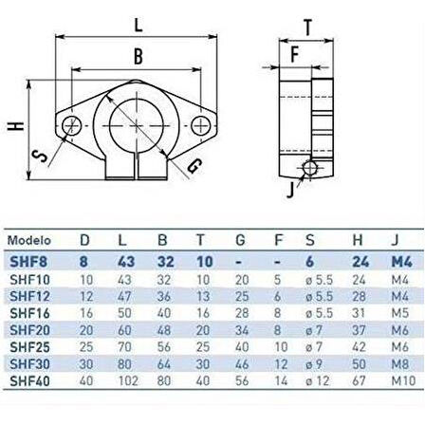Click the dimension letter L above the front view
point(139,26)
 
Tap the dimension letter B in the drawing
point(139,57)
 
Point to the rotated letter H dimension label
point(16,126)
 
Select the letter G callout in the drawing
point(194,166)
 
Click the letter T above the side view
point(307,28)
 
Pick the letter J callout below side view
point(290,190)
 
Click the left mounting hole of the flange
point(72,125)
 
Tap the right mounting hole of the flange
point(201,125)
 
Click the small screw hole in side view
point(310,168)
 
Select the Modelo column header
point(29,241)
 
